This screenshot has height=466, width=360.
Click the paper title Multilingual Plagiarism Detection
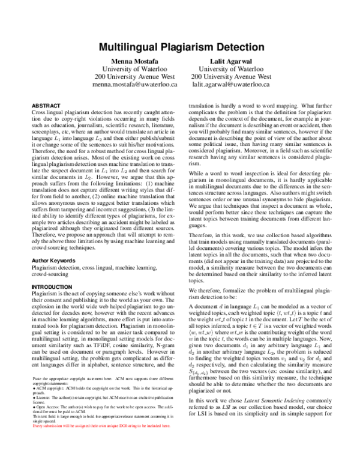tap(179, 46)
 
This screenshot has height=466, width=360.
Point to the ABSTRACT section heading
tap(46, 105)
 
